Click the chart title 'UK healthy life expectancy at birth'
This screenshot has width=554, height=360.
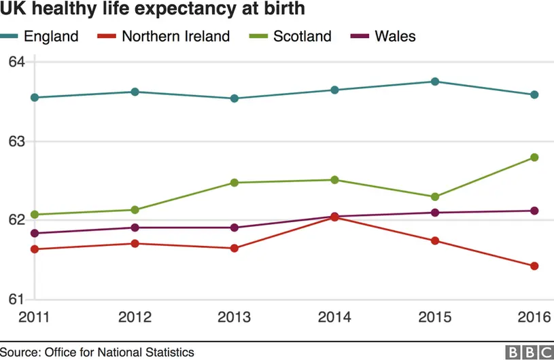click(x=143, y=10)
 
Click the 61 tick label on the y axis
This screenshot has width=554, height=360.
click(x=16, y=299)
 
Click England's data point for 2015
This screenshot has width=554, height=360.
click(x=435, y=82)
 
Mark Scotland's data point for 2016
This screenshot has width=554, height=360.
click(x=534, y=158)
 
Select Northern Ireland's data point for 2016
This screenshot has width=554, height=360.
click(x=534, y=266)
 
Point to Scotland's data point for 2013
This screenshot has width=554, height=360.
click(x=235, y=183)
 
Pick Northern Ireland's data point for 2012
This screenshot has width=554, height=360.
click(x=135, y=244)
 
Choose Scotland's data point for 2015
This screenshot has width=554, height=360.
click(x=435, y=197)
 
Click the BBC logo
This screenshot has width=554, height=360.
click(x=528, y=352)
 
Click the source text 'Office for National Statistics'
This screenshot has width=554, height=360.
click(x=119, y=352)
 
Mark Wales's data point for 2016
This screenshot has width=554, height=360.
click(x=534, y=211)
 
